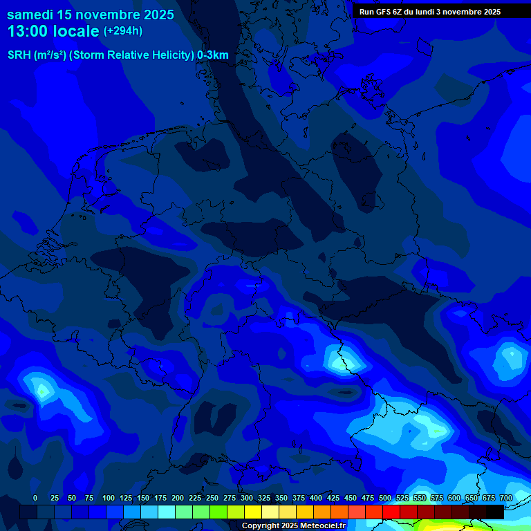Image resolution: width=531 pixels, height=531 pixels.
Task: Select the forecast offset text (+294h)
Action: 123,31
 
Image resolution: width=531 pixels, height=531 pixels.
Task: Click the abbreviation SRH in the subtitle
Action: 19,55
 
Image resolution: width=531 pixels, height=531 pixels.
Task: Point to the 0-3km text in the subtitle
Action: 213,55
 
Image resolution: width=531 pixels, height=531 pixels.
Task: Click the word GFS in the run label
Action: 384,12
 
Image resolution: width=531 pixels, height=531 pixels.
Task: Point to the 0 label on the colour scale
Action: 35,499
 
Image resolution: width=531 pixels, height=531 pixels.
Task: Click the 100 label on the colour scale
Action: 109,499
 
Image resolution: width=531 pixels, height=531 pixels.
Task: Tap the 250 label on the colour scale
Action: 212,499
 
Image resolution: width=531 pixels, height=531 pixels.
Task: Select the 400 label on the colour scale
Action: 316,499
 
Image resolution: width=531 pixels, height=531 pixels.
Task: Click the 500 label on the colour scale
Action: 385,499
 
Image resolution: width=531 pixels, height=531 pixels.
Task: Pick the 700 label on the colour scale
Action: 506,499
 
